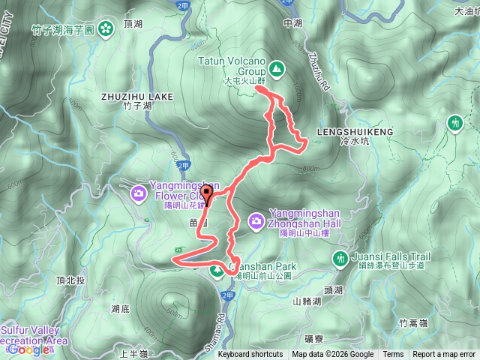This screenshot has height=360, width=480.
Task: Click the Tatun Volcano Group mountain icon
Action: (277, 70)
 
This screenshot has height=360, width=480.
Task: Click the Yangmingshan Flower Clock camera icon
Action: (139, 193)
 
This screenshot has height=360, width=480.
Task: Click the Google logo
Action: (29, 349)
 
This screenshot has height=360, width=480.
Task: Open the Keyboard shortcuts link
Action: (250, 355)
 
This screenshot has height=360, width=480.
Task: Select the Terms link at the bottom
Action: (393, 355)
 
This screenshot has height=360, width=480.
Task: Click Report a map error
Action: (444, 355)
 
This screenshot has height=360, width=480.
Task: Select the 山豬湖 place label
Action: (307, 301)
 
